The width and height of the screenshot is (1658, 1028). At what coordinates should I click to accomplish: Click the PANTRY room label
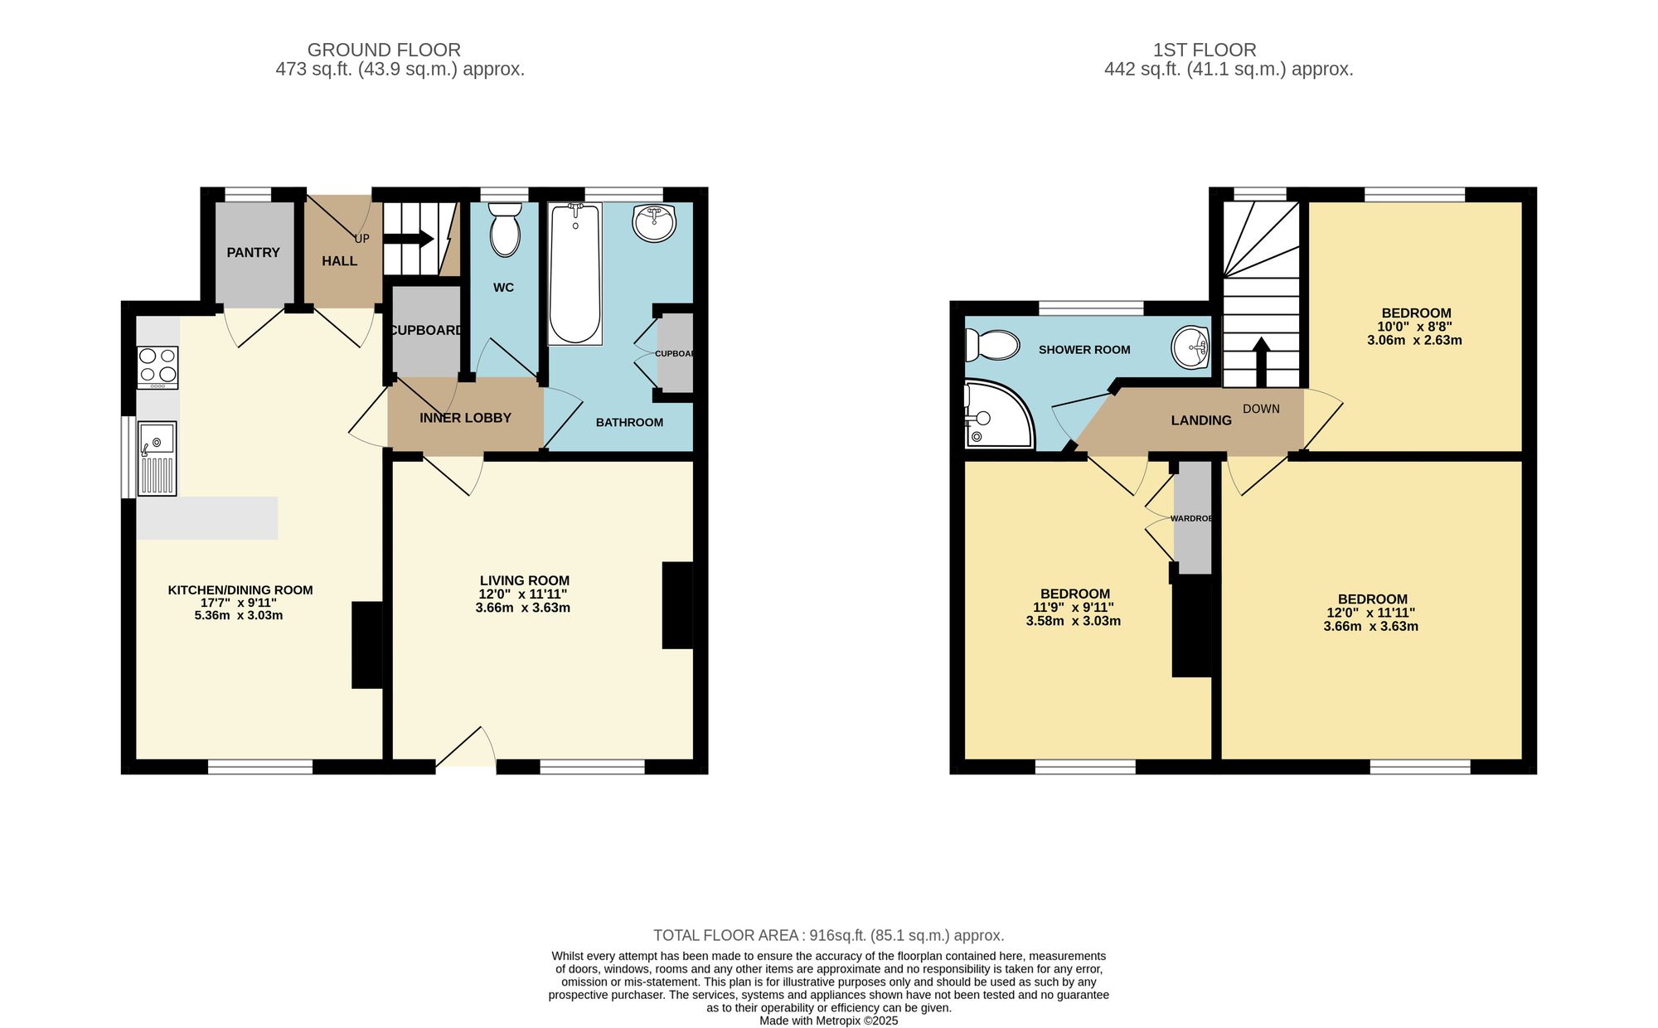253,253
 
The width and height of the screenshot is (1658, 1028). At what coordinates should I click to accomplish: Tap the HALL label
339,261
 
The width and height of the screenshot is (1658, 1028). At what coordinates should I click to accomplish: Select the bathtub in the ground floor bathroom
574,274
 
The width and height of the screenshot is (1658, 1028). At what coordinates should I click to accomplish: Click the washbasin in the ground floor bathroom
654,222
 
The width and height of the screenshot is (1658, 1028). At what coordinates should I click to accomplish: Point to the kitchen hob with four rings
158,367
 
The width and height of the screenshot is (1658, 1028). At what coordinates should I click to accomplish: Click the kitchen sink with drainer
158,459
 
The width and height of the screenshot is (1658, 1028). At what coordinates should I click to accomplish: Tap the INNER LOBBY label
465,418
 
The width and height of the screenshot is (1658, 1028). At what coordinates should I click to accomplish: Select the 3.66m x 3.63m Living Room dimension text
522,608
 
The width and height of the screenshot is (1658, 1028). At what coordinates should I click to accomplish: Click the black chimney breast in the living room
676,605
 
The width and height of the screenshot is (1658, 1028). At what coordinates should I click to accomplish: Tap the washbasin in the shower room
1190,347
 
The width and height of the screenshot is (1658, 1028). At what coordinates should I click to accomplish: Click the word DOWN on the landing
1261,409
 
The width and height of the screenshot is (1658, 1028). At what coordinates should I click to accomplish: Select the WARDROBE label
1191,518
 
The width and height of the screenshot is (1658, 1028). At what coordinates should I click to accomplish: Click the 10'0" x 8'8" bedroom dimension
1414,327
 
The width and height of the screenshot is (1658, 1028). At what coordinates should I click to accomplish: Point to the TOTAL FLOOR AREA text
828,935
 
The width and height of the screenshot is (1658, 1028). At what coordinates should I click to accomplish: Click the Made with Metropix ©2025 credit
828,1021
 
